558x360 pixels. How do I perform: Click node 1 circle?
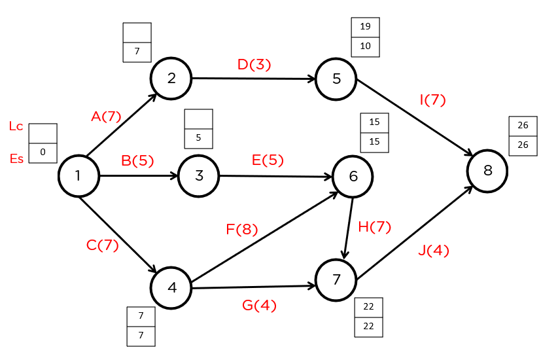pos(78,176)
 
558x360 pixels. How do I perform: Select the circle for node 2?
pos(171,79)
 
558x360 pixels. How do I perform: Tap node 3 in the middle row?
pos(198,176)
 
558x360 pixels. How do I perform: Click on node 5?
pos(336,79)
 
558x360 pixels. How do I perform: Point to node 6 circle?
pos(353,177)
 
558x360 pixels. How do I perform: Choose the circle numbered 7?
pos(336,280)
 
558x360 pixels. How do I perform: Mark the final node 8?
pos(487,171)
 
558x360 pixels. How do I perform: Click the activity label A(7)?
pos(106,117)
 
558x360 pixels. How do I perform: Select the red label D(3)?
pos(254,64)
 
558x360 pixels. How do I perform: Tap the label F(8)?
pos(241,229)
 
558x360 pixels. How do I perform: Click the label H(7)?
pos(374,226)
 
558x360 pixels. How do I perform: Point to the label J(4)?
pos(434,250)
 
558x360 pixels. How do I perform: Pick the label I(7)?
pos(432,100)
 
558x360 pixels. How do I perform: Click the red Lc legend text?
pos(16,126)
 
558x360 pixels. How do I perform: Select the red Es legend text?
pos(16,158)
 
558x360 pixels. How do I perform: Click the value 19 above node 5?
pos(365,27)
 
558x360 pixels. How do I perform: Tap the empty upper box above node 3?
pos(198,119)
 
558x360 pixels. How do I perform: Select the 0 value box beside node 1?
pos(43,153)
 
